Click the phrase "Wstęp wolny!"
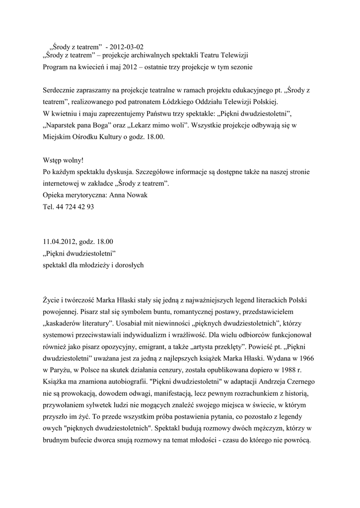[x=63, y=161]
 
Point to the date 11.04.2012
[x=59, y=242]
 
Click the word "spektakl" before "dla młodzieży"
[x=56, y=265]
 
